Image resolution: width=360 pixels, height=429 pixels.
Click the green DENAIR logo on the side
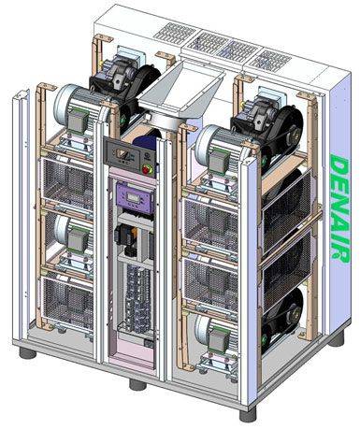point(340,208)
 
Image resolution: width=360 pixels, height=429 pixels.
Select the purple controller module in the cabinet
point(136,198)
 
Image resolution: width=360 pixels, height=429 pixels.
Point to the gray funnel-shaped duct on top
point(180,93)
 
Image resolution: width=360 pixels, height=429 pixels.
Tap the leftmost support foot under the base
point(28,353)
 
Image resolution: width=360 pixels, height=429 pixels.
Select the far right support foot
point(337,338)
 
